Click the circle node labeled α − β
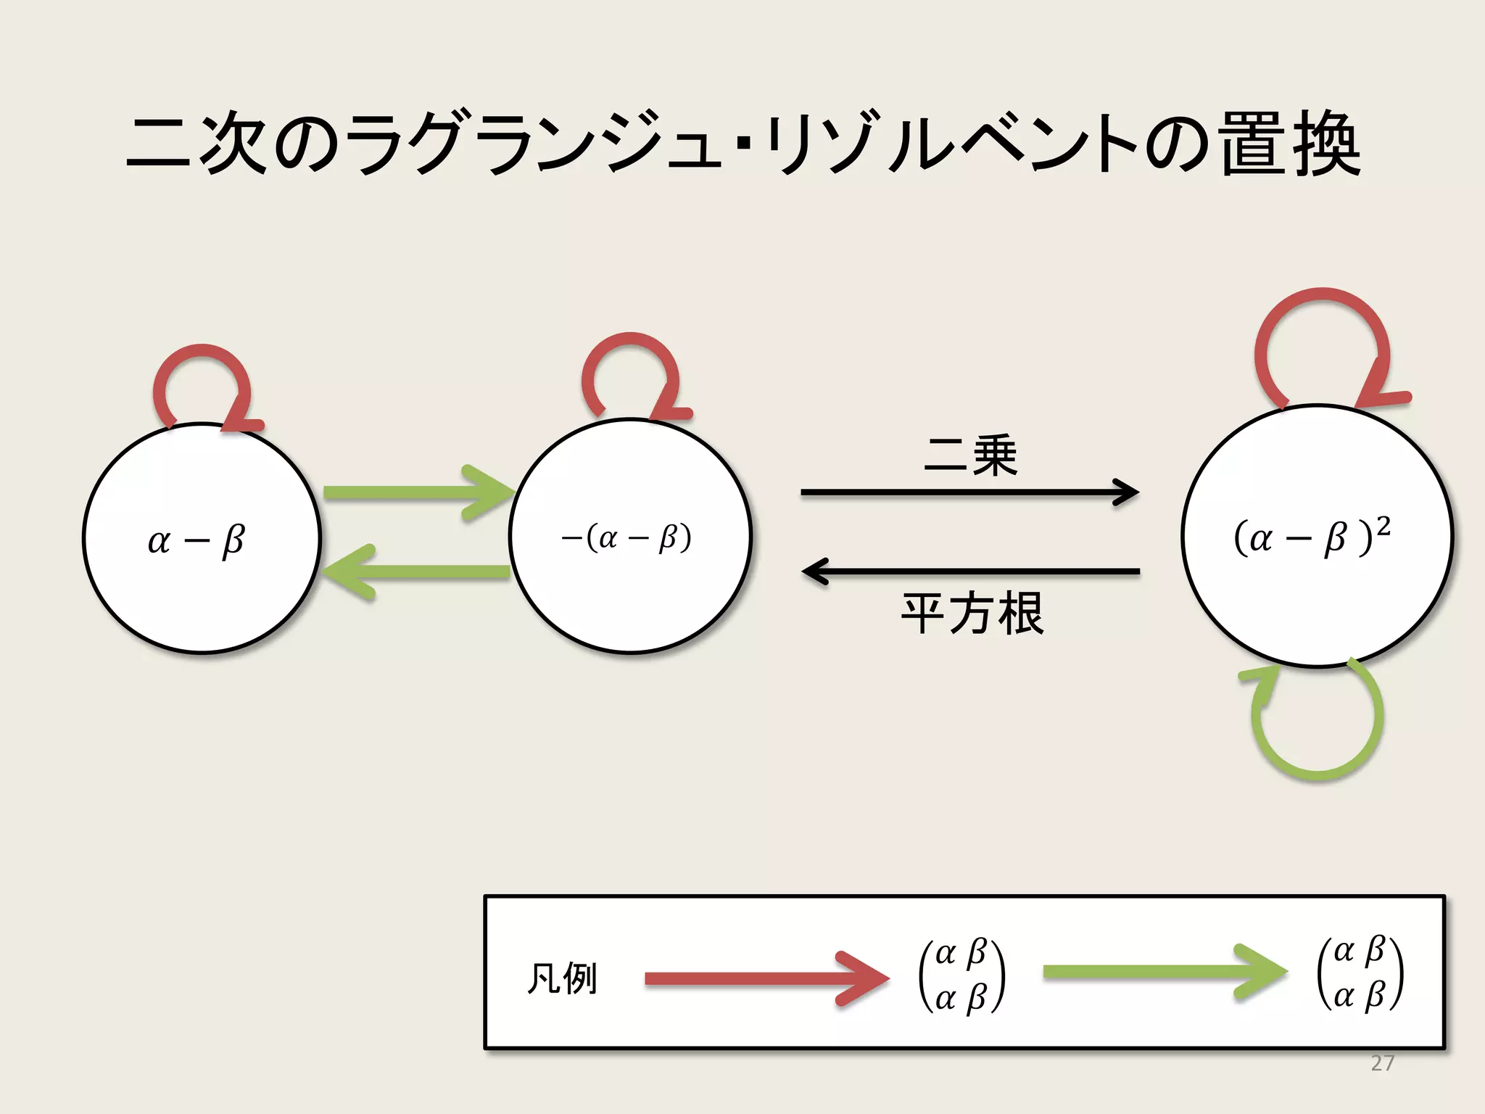(202, 538)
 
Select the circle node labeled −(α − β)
(629, 537)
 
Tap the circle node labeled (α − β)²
(1316, 535)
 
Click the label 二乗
(971, 455)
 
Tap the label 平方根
(972, 614)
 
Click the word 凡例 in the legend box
(562, 978)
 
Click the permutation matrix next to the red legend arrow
(961, 975)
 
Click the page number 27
(1382, 1063)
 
